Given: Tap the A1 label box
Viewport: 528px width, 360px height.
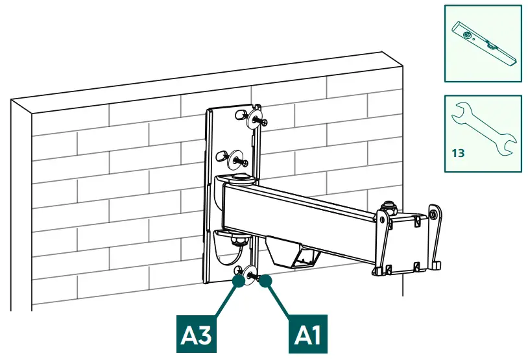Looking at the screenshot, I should click(307, 335).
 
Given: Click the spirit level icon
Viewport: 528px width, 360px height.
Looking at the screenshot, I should click(483, 43).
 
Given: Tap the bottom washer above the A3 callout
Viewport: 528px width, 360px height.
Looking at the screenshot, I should click(241, 275).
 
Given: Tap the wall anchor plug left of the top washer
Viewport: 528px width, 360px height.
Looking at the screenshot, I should click(237, 115).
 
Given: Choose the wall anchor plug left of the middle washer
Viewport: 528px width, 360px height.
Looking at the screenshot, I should click(219, 156).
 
